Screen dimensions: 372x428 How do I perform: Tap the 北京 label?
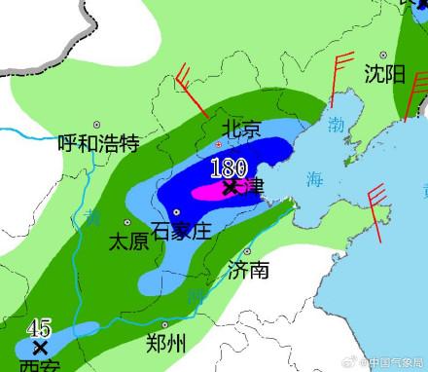(240, 129)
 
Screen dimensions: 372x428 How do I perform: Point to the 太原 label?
(129, 241)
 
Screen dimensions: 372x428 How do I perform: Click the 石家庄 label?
(182, 231)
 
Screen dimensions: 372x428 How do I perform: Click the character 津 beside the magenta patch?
(252, 185)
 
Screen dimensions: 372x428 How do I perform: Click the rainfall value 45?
(39, 328)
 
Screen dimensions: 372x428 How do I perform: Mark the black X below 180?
(230, 186)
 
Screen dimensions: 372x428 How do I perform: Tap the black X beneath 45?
(39, 347)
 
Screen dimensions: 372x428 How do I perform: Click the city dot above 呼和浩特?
(96, 125)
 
